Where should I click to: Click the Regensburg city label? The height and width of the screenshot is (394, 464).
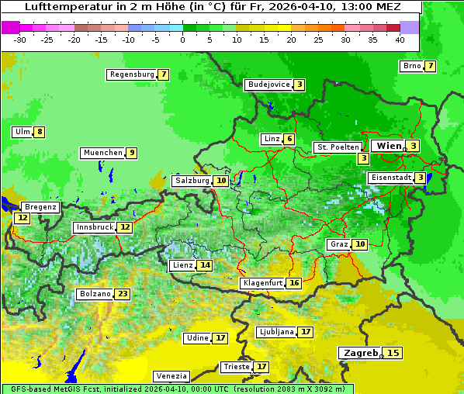(132, 74)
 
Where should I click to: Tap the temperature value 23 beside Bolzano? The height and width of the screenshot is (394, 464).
(123, 294)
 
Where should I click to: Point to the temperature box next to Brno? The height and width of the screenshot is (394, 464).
(430, 66)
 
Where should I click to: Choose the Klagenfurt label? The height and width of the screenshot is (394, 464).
(262, 283)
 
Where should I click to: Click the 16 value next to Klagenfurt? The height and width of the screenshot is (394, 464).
(294, 283)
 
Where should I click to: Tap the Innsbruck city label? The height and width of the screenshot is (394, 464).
(93, 227)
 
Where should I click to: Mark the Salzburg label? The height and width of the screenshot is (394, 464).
(192, 181)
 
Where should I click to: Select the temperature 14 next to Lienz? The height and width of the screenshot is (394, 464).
(205, 265)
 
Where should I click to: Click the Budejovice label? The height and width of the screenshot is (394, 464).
(268, 85)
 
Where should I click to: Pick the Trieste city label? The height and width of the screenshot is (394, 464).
(236, 367)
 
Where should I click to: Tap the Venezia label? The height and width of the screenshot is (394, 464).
(171, 375)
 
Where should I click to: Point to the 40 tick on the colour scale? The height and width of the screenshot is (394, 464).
(400, 40)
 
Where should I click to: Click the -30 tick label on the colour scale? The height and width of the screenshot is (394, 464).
(20, 40)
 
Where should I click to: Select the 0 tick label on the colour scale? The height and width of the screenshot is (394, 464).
(183, 40)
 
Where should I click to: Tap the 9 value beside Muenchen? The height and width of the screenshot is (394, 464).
(132, 153)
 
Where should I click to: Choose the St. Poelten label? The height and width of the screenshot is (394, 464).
(338, 147)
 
